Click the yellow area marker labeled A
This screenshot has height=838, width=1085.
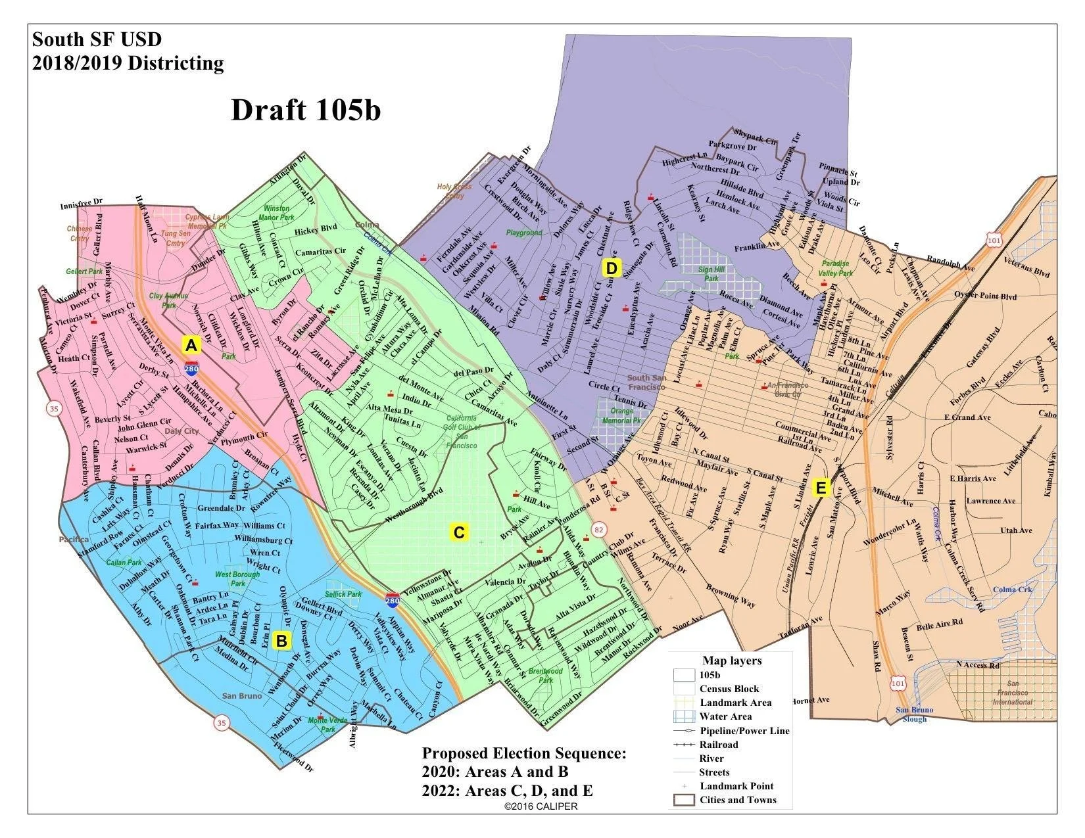pyautogui.click(x=191, y=346)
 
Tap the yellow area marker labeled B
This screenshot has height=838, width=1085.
pyautogui.click(x=281, y=641)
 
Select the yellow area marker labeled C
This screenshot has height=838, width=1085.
pyautogui.click(x=459, y=532)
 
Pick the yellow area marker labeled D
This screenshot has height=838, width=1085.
pyautogui.click(x=612, y=268)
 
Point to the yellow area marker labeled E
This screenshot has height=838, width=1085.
pyautogui.click(x=821, y=488)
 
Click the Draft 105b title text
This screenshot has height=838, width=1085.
pyautogui.click(x=306, y=110)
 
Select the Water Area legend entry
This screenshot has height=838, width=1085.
pyautogui.click(x=725, y=716)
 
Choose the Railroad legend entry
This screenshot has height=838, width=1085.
pyautogui.click(x=719, y=745)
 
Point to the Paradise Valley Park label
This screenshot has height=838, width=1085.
pyautogui.click(x=836, y=268)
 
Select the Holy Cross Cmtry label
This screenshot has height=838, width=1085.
pyautogui.click(x=454, y=191)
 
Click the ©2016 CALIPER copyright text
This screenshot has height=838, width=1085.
pyautogui.click(x=541, y=806)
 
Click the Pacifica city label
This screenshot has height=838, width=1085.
pyautogui.click(x=72, y=540)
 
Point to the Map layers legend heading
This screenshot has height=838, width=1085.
pyautogui.click(x=731, y=661)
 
